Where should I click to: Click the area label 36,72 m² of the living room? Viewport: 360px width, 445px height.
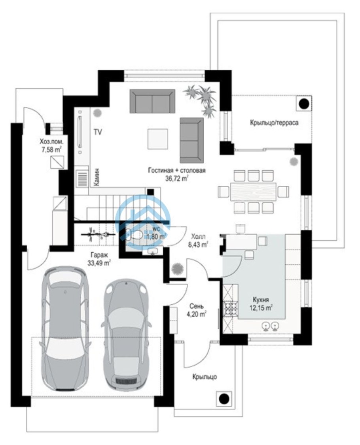tap(177, 178)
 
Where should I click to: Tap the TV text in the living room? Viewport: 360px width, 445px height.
tap(98, 132)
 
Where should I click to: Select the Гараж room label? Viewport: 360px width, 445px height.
tap(99, 255)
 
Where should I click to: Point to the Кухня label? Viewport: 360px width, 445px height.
tap(261, 300)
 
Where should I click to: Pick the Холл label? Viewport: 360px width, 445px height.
tap(198, 236)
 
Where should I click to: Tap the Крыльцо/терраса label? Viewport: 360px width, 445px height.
tap(274, 123)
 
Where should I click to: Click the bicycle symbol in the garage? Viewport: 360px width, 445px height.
tap(98, 234)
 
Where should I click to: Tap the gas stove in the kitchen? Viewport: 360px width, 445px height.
tap(231, 309)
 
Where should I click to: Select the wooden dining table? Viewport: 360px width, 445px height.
tap(253, 191)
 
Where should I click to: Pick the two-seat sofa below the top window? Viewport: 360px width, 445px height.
tap(152, 101)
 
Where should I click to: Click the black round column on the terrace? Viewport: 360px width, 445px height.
tap(304, 104)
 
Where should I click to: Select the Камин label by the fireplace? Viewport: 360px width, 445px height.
tap(97, 177)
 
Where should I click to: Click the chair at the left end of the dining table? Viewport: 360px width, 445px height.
tap(224, 192)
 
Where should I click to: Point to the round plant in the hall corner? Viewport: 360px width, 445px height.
tap(178, 268)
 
